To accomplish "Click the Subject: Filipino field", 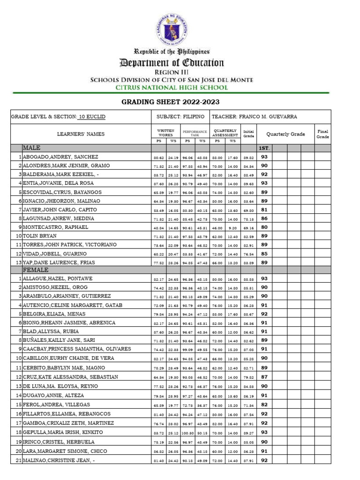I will [x=180, y=117].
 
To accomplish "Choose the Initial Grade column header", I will [x=248, y=134].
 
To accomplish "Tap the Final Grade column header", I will [x=322, y=134].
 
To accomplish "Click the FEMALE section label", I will [x=35, y=270].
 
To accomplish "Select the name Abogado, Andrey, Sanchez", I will [x=60, y=157].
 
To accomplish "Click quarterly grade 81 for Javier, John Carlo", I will [x=264, y=210].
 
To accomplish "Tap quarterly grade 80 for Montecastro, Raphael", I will [x=264, y=227].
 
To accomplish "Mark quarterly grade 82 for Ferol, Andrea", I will [x=264, y=405].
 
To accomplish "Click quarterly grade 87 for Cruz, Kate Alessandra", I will [x=264, y=377].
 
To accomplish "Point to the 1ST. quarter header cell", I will [x=264, y=149].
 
